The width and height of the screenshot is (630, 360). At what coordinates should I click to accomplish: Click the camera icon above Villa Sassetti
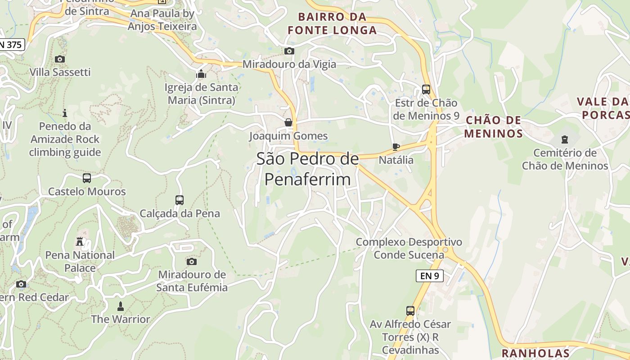pyautogui.click(x=59, y=59)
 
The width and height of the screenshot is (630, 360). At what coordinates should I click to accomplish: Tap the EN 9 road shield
pyautogui.click(x=429, y=276)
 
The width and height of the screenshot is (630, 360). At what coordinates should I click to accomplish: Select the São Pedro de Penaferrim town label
pyautogui.click(x=307, y=169)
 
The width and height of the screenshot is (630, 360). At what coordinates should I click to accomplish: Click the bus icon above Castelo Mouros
pyautogui.click(x=87, y=178)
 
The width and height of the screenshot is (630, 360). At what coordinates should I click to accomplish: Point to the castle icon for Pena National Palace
pyautogui.click(x=80, y=242)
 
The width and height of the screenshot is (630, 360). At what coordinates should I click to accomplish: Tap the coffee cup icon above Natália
pyautogui.click(x=396, y=147)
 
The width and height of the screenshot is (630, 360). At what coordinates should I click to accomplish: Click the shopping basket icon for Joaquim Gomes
pyautogui.click(x=288, y=122)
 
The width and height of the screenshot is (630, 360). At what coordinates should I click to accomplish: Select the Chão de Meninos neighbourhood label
pyautogui.click(x=493, y=127)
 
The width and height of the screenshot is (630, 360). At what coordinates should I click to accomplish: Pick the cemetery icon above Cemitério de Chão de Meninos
pyautogui.click(x=565, y=139)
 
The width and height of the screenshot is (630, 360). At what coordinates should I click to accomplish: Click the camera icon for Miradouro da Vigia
pyautogui.click(x=289, y=51)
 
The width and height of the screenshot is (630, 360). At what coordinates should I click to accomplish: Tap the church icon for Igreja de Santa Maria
pyautogui.click(x=201, y=74)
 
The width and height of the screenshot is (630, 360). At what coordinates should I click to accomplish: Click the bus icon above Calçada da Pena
pyautogui.click(x=180, y=200)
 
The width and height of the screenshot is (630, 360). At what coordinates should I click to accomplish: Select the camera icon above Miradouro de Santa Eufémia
pyautogui.click(x=192, y=261)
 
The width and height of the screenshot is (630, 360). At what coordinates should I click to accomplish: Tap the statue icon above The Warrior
pyautogui.click(x=120, y=306)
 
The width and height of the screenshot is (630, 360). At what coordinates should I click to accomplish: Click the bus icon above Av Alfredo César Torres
pyautogui.click(x=410, y=310)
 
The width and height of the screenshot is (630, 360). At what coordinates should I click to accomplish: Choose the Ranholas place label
pyautogui.click(x=535, y=353)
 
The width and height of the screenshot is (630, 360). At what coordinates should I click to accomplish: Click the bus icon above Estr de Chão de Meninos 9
pyautogui.click(x=426, y=90)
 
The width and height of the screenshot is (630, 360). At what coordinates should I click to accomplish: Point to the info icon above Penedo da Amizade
pyautogui.click(x=65, y=113)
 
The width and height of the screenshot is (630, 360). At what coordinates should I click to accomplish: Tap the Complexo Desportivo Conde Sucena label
pyautogui.click(x=409, y=248)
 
